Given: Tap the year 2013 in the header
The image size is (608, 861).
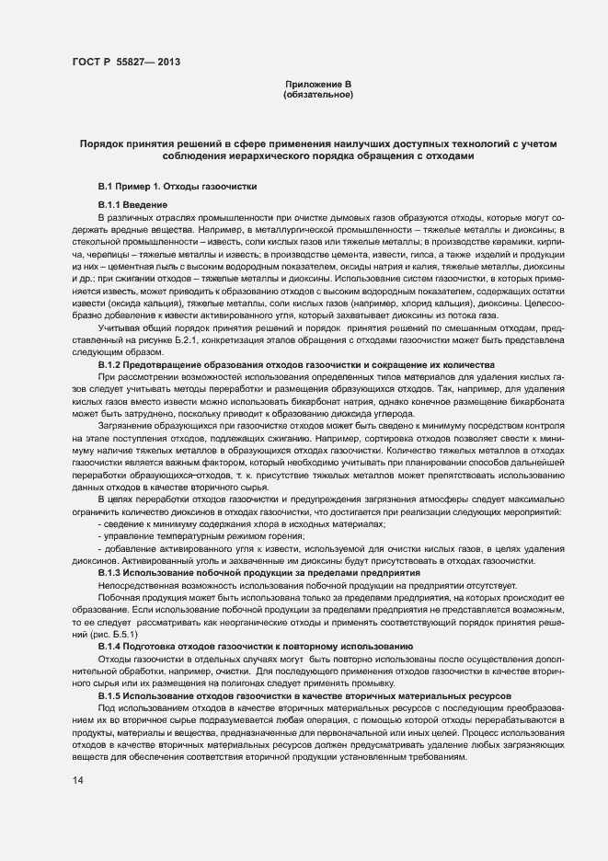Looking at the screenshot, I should (168, 63).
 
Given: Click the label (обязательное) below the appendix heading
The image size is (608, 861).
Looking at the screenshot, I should (318, 95).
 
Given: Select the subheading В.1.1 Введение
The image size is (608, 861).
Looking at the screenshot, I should (133, 202).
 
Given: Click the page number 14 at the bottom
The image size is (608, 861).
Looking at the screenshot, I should (78, 781).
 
